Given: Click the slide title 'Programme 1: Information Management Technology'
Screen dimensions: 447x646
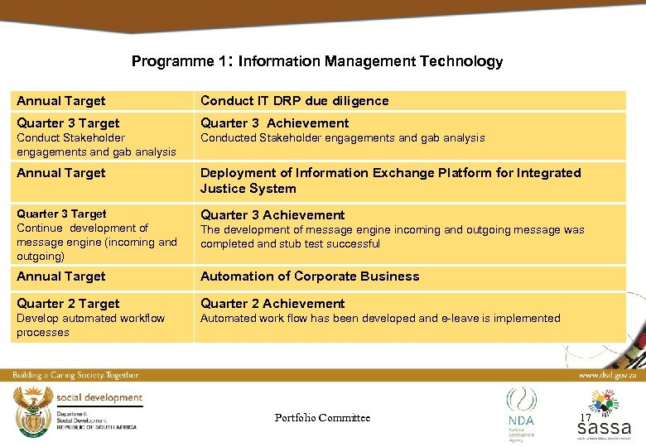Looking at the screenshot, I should tap(316, 61).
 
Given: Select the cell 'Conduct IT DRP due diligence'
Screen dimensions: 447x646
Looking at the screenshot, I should tap(294, 101).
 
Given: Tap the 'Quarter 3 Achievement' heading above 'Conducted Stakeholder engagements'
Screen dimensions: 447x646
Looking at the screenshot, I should tap(274, 123).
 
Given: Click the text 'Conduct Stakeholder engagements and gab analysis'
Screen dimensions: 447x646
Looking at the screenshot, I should tap(96, 145).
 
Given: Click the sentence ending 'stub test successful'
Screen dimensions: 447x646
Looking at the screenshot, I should tap(392, 237).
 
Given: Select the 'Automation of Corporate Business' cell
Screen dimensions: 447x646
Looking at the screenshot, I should tap(309, 276).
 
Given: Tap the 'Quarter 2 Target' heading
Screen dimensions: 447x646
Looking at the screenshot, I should tap(68, 304).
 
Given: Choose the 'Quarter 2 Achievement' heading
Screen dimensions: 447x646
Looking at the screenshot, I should tap(272, 304).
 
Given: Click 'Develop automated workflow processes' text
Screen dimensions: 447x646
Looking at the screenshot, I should tap(90, 325).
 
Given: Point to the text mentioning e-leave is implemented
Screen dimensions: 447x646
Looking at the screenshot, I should tap(380, 319).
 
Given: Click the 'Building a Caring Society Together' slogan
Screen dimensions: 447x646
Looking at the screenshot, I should tap(75, 375).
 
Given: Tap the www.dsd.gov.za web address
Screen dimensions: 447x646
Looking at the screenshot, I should tap(607, 375).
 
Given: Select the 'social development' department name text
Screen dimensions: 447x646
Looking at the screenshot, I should tap(99, 398).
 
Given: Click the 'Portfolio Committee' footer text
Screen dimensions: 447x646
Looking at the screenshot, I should tap(322, 418).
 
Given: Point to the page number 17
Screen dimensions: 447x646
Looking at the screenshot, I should tap(585, 418).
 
